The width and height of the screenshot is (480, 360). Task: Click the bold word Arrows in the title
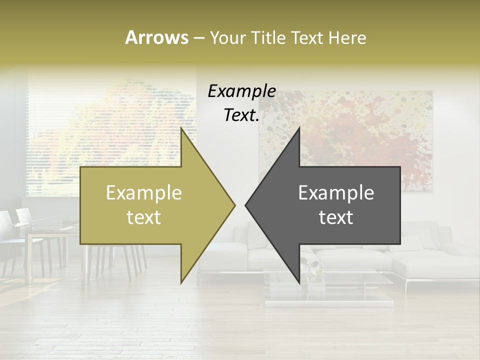pos(156,37)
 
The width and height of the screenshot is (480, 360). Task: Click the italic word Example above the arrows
pos(241,91)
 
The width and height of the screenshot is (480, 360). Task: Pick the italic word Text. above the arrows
pos(241,115)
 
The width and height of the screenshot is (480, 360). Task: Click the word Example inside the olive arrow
pos(144,193)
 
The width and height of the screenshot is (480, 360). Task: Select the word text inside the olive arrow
pos(144,217)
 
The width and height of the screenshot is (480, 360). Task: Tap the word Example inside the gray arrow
pos(336,193)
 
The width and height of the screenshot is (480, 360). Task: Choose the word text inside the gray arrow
pos(336,217)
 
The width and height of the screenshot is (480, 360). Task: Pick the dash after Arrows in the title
pos(198,38)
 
